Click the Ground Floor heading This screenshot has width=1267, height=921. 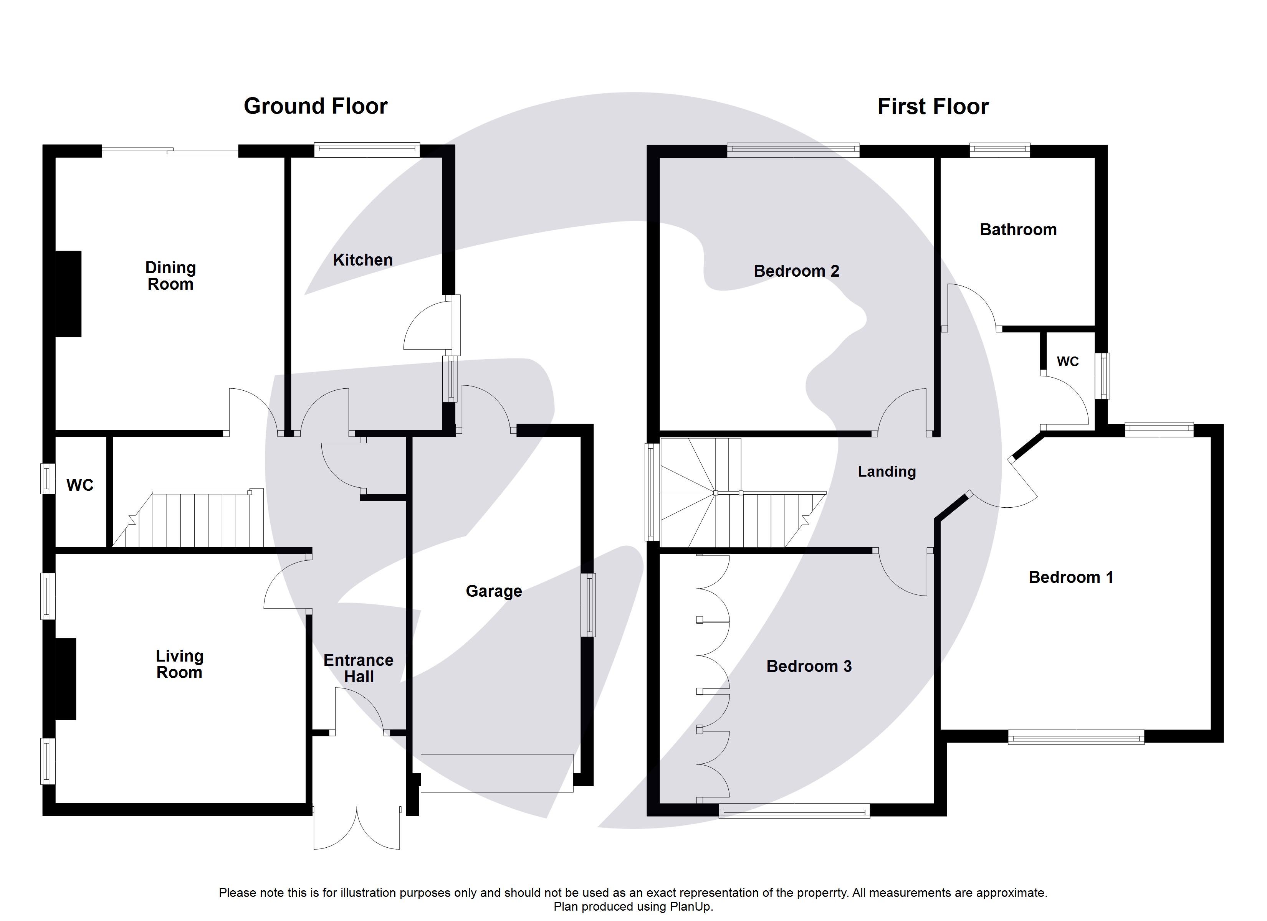315,106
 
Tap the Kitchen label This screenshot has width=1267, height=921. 362,260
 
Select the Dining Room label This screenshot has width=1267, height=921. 170,276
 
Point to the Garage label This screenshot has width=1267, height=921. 494,591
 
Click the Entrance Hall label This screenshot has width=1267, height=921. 358,668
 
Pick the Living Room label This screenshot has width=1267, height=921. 179,664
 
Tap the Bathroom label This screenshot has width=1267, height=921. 1018,229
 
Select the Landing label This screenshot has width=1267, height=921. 887,472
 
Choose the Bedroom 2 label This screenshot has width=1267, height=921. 796,271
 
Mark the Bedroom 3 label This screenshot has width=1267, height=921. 808,666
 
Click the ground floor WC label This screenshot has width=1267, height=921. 80,485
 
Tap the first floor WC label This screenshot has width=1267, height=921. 1067,361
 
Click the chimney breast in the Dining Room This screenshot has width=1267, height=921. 68,294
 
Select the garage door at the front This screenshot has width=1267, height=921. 497,773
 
